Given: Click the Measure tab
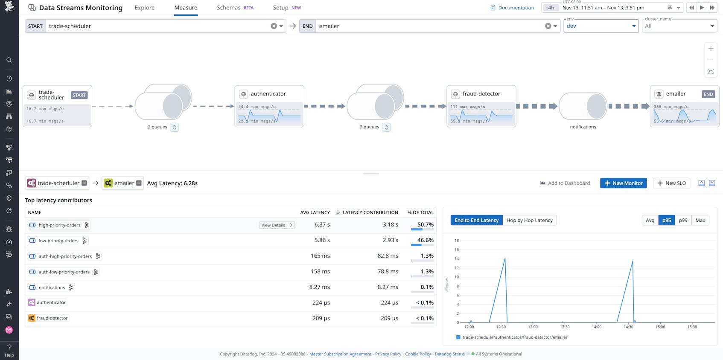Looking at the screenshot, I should [186, 8].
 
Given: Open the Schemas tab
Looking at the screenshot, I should [229, 8].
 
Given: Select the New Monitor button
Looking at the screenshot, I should [623, 183].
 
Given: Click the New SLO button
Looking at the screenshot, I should [671, 183].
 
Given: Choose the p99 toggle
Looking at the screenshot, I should [683, 220].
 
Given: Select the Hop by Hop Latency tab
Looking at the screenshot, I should [529, 220].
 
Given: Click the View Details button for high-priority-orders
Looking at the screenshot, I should [277, 225].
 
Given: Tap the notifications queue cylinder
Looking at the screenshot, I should [583, 106].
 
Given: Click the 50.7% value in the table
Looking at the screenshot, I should [425, 224].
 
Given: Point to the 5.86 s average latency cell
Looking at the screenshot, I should [322, 240].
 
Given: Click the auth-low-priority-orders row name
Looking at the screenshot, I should [64, 272].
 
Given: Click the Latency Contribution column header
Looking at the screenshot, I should [370, 212].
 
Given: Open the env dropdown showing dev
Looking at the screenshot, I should [601, 26].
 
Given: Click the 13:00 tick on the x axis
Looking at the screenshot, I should [533, 327].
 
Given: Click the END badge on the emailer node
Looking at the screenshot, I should [708, 94].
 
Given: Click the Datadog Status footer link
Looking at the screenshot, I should [449, 354].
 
